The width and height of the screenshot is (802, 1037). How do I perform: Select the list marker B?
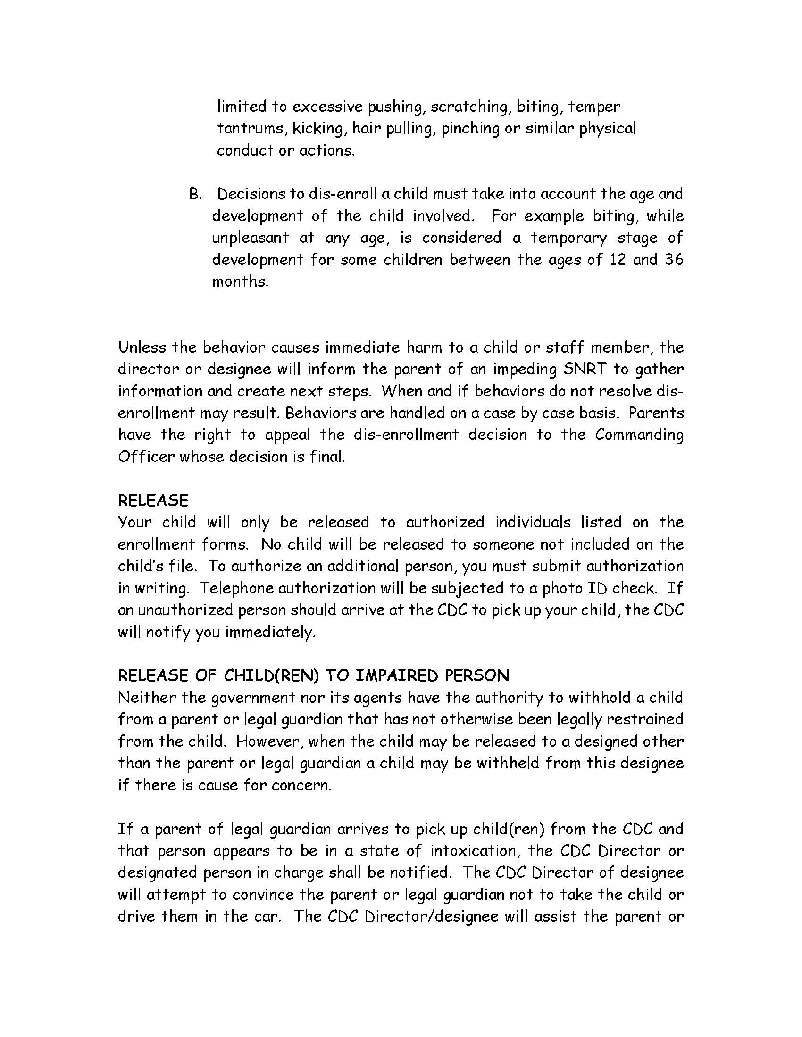[195, 194]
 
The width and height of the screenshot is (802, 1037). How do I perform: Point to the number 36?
[674, 259]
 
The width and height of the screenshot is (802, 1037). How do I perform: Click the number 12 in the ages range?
[617, 259]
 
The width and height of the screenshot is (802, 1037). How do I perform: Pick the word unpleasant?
[251, 238]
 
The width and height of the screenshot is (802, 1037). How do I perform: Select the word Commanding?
[639, 435]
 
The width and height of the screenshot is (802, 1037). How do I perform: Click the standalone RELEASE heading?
[153, 501]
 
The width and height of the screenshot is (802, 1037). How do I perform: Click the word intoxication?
[475, 850]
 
